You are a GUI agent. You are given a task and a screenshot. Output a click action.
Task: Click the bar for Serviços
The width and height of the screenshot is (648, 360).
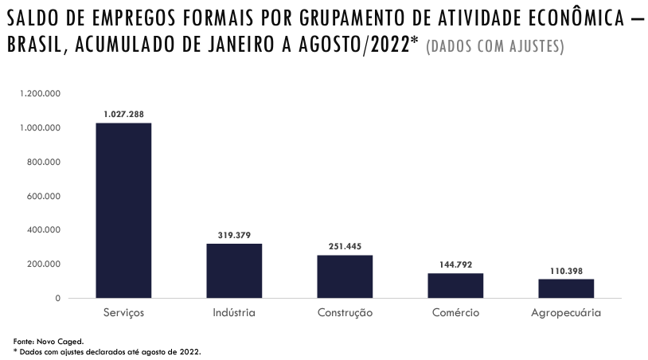[x=123, y=210]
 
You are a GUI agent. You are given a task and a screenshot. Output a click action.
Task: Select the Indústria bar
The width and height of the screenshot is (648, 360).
[x=234, y=271]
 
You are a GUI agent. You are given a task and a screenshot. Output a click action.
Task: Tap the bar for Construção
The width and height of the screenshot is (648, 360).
[x=345, y=276]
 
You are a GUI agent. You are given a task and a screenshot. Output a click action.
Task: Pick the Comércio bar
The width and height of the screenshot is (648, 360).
[x=455, y=285]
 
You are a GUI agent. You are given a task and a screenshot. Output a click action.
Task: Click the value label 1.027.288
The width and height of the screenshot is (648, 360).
[x=123, y=115]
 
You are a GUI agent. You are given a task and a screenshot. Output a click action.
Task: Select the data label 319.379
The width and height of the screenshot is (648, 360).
[x=234, y=235]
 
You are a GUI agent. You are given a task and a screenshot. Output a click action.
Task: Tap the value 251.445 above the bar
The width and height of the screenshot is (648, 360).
[x=345, y=246]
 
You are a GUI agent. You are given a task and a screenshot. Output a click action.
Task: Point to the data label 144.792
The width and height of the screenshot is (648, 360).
[x=455, y=264]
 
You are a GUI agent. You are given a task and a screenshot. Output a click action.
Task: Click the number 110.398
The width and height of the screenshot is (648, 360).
[x=566, y=271]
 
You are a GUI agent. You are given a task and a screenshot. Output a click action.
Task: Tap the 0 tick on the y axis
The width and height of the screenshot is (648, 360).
[x=58, y=298]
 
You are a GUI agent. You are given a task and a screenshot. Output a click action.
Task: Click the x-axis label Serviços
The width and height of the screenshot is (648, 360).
[x=123, y=313]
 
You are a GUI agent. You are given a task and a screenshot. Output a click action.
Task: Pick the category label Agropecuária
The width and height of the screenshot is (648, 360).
[x=566, y=313]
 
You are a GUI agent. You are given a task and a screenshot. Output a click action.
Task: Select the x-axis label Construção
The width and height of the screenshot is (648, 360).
[x=345, y=313]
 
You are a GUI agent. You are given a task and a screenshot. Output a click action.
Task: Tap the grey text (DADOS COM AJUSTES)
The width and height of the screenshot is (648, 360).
[x=495, y=47]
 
